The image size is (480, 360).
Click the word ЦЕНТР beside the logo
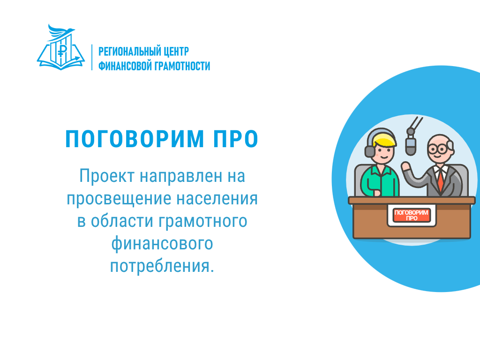176,52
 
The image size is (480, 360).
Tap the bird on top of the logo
61,31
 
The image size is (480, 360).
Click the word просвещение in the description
119,199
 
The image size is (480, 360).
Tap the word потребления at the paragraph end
159,266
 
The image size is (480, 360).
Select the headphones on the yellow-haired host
371,148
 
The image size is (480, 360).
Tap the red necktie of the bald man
440,180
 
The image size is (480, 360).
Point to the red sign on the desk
411,215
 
